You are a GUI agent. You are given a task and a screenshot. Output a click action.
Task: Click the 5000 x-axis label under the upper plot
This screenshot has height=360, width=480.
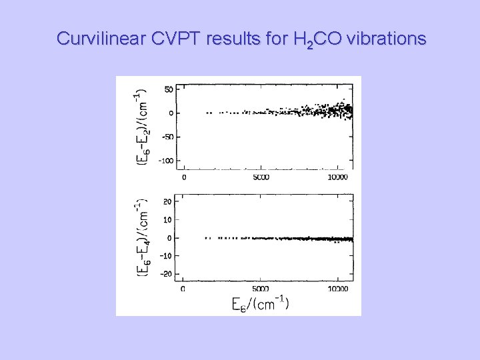tap(261, 178)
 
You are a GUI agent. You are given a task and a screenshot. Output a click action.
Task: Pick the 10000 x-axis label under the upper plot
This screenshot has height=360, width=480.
tap(338, 178)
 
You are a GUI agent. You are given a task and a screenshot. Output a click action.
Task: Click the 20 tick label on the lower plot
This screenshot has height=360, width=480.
tap(168, 202)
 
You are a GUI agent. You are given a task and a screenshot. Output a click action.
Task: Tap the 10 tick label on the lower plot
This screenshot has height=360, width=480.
tap(168, 220)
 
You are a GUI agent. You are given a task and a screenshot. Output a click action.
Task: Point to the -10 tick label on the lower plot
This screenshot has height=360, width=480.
tap(166, 256)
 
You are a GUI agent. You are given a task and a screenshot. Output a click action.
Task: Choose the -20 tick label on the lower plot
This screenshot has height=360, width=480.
tap(166, 274)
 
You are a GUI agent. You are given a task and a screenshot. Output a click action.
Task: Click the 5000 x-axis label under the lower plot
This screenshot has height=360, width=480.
tap(261, 289)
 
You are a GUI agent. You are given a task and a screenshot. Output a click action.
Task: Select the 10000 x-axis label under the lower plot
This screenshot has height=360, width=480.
tap(338, 289)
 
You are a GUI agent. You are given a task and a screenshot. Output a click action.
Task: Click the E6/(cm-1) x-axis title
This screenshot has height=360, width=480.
tap(260, 304)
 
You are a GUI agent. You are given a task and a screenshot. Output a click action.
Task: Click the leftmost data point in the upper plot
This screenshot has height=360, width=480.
tap(207, 113)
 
